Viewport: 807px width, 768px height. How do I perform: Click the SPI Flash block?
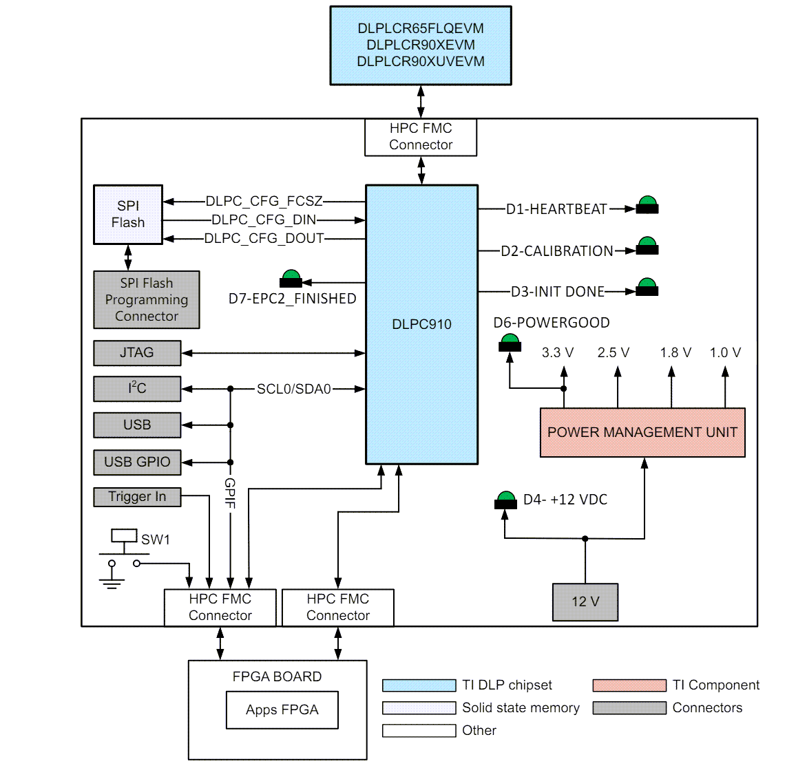pyautogui.click(x=128, y=214)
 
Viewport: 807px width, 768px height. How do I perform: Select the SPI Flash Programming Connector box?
pyautogui.click(x=147, y=299)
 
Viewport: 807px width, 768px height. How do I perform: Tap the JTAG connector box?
pyautogui.click(x=137, y=352)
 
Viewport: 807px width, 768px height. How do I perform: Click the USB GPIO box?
pyautogui.click(x=137, y=462)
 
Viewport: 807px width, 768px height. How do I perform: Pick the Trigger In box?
pyautogui.click(x=137, y=497)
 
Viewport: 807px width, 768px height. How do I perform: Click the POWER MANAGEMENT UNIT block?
pyautogui.click(x=642, y=432)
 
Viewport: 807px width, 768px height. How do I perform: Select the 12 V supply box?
pyautogui.click(x=585, y=602)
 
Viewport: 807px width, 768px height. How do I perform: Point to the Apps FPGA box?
pyautogui.click(x=282, y=710)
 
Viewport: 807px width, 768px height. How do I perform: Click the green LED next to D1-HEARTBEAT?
pyautogui.click(x=647, y=205)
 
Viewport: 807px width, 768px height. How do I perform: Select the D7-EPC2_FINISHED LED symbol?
pyautogui.click(x=291, y=279)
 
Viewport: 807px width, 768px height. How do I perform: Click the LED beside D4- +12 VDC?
pyautogui.click(x=505, y=500)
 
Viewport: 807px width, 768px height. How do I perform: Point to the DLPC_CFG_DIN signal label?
pyautogui.click(x=264, y=220)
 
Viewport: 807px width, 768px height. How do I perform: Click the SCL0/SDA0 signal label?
pyautogui.click(x=294, y=390)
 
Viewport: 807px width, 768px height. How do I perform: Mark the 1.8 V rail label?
pyautogui.click(x=675, y=353)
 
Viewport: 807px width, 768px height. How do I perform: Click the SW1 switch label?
pyautogui.click(x=156, y=540)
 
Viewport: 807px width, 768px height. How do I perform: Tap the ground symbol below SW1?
pyautogui.click(x=112, y=582)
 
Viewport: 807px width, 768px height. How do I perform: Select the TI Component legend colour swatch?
pyautogui.click(x=629, y=685)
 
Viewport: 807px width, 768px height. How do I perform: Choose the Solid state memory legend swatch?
pyautogui.click(x=419, y=707)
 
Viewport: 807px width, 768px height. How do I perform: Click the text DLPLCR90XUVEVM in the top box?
pyautogui.click(x=421, y=61)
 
